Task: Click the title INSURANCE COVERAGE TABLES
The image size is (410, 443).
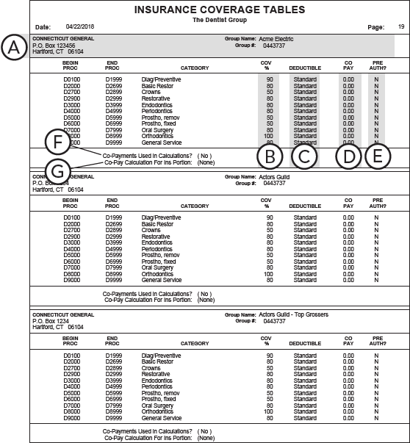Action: (205, 10)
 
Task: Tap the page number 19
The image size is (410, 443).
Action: (401, 26)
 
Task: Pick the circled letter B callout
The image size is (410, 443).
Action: (271, 156)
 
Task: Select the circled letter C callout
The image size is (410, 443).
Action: (306, 156)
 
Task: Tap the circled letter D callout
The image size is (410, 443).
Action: (349, 156)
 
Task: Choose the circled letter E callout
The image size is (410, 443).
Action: (377, 156)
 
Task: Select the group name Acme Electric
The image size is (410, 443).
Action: (276, 38)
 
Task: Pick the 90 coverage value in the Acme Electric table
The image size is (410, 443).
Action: (270, 79)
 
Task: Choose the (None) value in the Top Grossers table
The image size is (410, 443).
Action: (206, 438)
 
